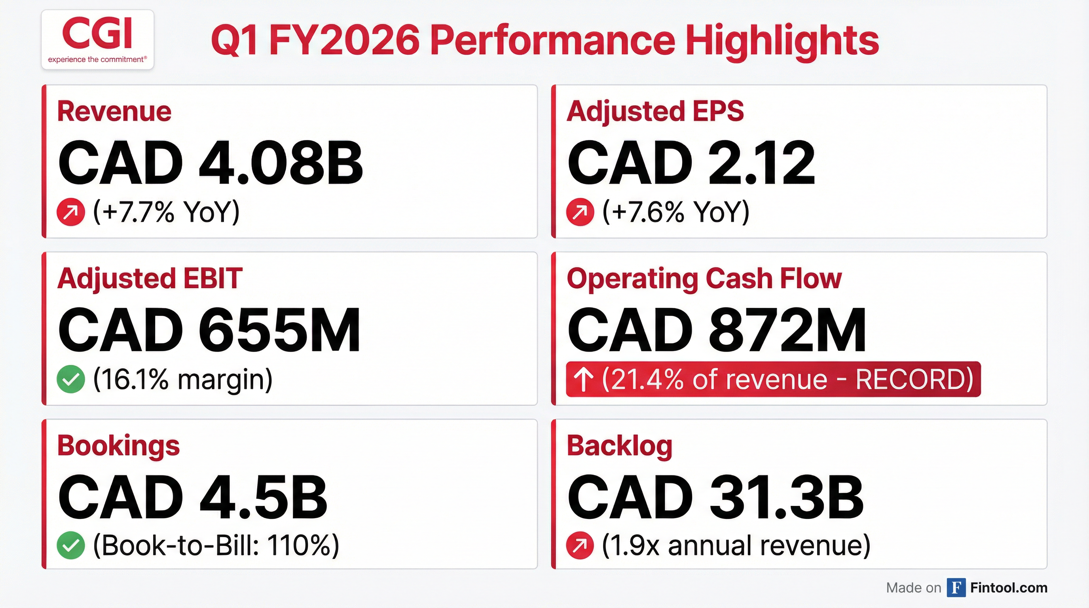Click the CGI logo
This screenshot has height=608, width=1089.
(x=98, y=40)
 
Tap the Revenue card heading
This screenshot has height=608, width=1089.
(x=114, y=112)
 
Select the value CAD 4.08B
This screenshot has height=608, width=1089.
(x=210, y=163)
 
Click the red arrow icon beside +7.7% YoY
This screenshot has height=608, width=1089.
(x=70, y=212)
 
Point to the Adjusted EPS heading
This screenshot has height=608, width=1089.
(x=655, y=112)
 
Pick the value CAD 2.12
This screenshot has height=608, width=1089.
(x=691, y=163)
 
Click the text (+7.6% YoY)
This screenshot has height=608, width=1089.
(x=675, y=211)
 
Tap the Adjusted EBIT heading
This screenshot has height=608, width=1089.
(x=150, y=279)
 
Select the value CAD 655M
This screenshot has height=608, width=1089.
(x=209, y=330)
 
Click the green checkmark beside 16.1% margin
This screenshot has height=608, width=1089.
(x=70, y=379)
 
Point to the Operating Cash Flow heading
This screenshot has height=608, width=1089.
(x=704, y=279)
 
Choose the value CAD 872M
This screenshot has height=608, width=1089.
(x=717, y=330)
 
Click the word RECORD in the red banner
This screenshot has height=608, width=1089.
(x=914, y=379)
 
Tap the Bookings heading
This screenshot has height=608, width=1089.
(x=118, y=446)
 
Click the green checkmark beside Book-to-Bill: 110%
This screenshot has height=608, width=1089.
(x=70, y=545)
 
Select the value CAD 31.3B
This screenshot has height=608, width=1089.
(x=715, y=497)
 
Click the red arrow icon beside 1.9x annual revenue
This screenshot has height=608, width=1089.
(x=580, y=545)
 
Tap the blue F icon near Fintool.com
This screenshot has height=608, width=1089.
(x=956, y=588)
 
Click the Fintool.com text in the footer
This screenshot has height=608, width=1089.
(x=1008, y=588)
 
